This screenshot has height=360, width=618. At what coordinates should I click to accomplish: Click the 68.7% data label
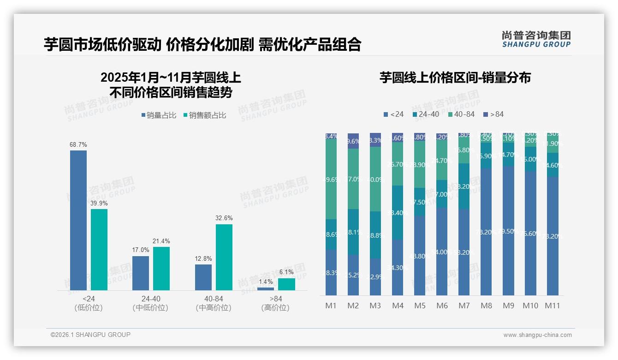(x=78, y=145)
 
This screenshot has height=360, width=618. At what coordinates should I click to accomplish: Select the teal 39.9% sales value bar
(x=99, y=249)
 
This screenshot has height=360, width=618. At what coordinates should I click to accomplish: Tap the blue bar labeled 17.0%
(x=141, y=273)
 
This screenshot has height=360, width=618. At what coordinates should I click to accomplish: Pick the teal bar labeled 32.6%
(x=224, y=257)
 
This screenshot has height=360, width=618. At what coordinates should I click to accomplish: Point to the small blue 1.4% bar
(x=266, y=289)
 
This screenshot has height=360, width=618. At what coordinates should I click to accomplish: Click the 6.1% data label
(x=286, y=272)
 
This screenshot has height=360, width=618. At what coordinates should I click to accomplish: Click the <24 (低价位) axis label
(x=88, y=303)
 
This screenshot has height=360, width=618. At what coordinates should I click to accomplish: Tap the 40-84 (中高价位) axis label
(x=213, y=303)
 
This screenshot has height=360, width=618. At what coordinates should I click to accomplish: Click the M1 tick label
(x=331, y=306)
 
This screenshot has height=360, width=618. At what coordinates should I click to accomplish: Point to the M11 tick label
(x=553, y=306)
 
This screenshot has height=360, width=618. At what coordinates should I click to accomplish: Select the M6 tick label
(x=442, y=306)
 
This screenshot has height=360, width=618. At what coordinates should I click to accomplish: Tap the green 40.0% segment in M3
(x=375, y=179)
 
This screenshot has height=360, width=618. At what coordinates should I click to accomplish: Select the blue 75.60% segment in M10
(x=530, y=234)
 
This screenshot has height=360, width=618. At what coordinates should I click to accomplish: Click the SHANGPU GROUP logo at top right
(x=536, y=39)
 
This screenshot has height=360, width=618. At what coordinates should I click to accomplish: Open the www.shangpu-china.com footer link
(x=537, y=335)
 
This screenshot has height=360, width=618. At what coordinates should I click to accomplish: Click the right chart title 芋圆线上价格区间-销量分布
(x=455, y=78)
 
